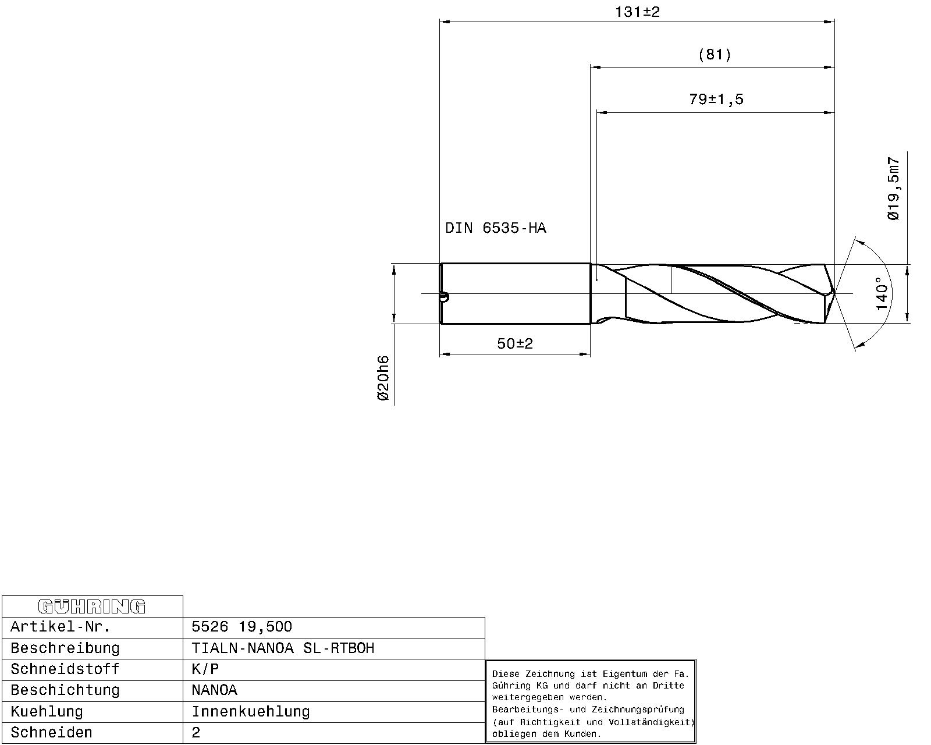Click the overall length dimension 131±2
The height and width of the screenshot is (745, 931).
click(x=637, y=12)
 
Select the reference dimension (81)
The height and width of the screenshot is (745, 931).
click(x=715, y=55)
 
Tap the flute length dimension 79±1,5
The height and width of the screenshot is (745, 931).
click(x=716, y=100)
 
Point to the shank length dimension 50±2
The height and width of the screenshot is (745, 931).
click(x=515, y=344)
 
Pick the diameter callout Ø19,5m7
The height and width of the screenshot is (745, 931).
click(x=893, y=189)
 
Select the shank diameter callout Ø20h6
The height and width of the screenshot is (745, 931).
click(x=383, y=378)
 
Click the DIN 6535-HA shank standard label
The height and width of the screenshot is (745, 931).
click(x=496, y=228)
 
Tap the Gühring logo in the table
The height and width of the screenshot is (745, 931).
click(x=92, y=606)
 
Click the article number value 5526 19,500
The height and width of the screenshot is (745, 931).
click(x=242, y=627)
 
